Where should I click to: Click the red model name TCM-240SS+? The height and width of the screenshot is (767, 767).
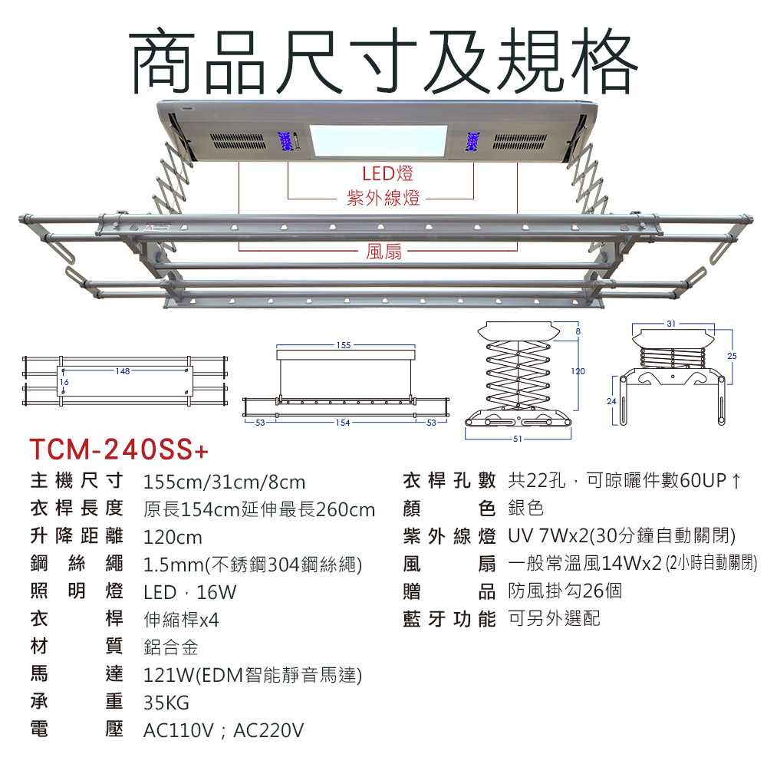pos(119,449)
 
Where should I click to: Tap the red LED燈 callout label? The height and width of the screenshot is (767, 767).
pos(387,173)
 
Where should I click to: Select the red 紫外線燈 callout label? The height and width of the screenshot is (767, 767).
pos(383,198)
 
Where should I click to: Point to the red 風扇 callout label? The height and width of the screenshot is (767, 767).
pos(383,251)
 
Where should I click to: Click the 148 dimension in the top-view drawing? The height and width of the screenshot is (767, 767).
pos(123,371)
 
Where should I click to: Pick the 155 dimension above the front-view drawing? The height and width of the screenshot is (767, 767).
pos(344,345)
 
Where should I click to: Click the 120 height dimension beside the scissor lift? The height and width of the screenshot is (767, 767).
pos(578,371)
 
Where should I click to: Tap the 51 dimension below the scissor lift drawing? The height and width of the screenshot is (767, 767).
pos(518,439)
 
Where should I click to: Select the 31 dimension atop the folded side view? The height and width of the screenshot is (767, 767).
pos(671,324)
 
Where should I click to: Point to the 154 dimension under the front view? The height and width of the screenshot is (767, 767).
pos(342,423)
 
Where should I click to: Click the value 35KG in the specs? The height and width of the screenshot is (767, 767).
pos(166,703)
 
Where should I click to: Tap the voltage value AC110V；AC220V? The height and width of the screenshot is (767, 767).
pos(223,730)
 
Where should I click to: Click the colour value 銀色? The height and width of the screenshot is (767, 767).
pos(526,508)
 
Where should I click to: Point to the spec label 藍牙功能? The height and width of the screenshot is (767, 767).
pos(449,619)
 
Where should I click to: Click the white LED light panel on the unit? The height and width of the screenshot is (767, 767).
pos(378,141)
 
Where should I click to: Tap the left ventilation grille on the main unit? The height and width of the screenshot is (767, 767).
pos(239,142)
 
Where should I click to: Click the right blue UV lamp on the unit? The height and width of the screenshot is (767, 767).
pos(472,141)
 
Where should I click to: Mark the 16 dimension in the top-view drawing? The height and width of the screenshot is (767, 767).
pos(64,382)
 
